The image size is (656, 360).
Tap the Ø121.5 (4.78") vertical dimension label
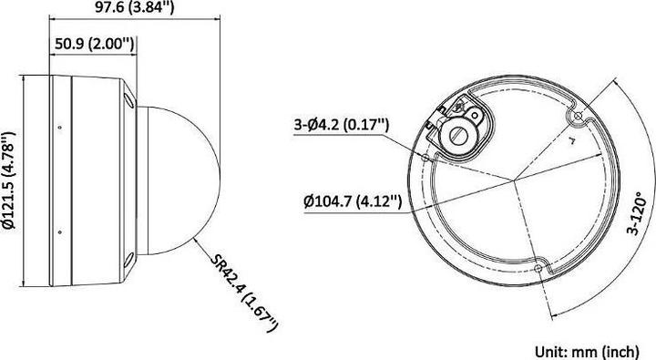(10, 179)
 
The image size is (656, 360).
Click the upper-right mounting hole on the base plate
(574, 117)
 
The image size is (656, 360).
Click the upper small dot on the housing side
(61, 126)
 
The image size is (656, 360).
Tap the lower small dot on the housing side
(61, 229)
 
